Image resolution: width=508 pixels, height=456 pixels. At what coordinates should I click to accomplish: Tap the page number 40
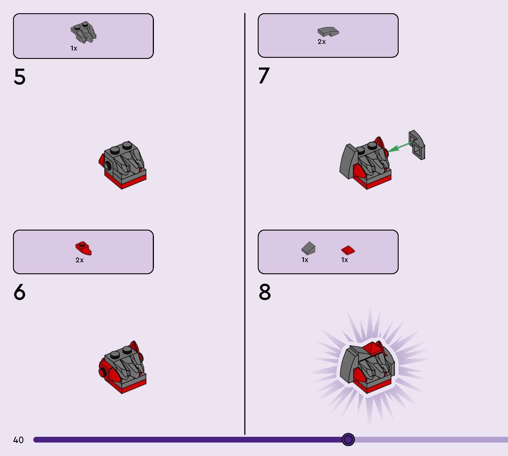tap(18, 440)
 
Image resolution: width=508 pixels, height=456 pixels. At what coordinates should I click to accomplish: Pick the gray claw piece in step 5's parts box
tap(83, 31)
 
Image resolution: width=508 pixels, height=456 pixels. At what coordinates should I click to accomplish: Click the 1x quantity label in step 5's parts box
tap(74, 48)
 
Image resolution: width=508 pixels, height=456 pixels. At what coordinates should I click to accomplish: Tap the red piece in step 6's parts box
tap(83, 248)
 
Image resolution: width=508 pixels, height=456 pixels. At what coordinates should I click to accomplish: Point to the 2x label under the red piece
tap(80, 260)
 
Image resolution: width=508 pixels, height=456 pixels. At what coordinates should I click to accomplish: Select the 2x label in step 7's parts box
tap(322, 42)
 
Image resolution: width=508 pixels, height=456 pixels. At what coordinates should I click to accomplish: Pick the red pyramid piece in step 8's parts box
tap(348, 250)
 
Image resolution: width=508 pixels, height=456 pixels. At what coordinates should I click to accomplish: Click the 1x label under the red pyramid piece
tap(344, 260)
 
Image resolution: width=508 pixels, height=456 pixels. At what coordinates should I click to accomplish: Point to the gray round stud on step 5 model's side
tap(107, 166)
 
